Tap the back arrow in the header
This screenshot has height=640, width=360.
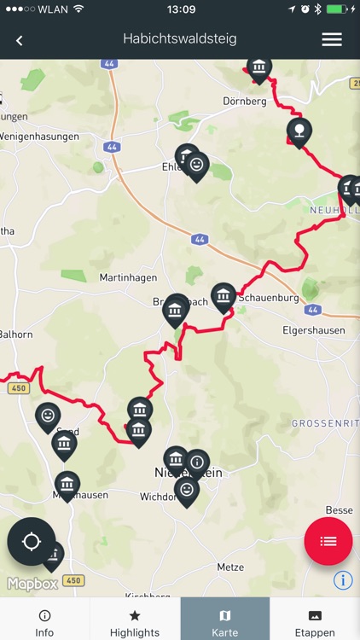pyautogui.click(x=19, y=40)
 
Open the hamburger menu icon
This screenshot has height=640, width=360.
pyautogui.click(x=332, y=39)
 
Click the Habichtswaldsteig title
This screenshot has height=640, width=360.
pyautogui.click(x=180, y=39)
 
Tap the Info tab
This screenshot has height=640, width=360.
pyautogui.click(x=44, y=623)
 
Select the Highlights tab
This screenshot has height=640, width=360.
pyautogui.click(x=135, y=623)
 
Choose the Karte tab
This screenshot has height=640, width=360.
pyautogui.click(x=225, y=623)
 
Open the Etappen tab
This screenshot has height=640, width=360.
pyautogui.click(x=315, y=623)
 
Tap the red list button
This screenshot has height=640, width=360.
pyautogui.click(x=328, y=541)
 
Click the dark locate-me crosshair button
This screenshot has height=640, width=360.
pyautogui.click(x=32, y=541)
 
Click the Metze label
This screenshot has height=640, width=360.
pyautogui.click(x=230, y=567)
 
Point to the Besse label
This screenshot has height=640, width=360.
pyautogui.click(x=339, y=510)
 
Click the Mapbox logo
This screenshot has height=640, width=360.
pyautogui.click(x=33, y=585)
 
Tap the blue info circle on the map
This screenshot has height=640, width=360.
pyautogui.click(x=343, y=580)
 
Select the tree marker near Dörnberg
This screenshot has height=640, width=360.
pyautogui.click(x=299, y=131)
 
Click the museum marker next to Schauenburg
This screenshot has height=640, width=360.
pyautogui.click(x=224, y=296)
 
